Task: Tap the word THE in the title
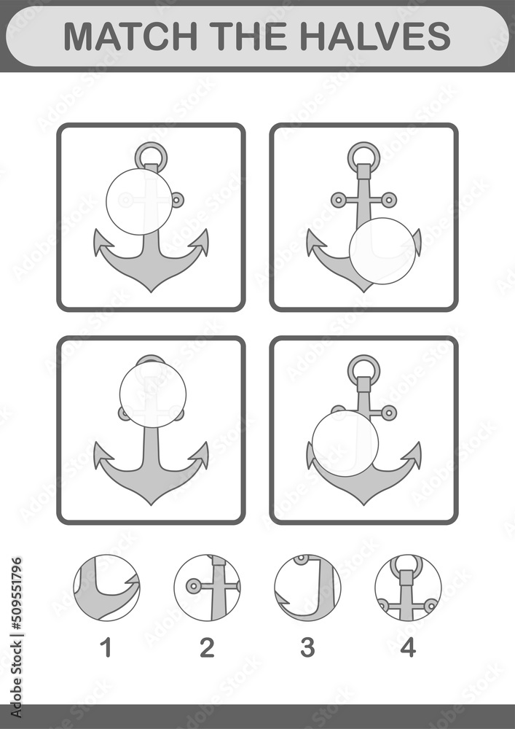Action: (x=248, y=36)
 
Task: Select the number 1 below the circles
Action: (x=107, y=647)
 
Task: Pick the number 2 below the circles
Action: (x=207, y=647)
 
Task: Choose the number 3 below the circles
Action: (x=307, y=647)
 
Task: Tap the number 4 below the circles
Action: (x=408, y=647)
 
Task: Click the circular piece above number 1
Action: (x=106, y=588)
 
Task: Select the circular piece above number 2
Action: (x=207, y=588)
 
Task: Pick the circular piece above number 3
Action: (x=307, y=588)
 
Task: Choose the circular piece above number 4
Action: (x=408, y=588)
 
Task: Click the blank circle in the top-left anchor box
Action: (x=139, y=202)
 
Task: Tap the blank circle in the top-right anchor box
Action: (x=382, y=251)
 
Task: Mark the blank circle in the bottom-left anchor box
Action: (x=153, y=394)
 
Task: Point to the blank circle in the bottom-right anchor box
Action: (x=345, y=443)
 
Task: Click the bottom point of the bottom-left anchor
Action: (x=151, y=504)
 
